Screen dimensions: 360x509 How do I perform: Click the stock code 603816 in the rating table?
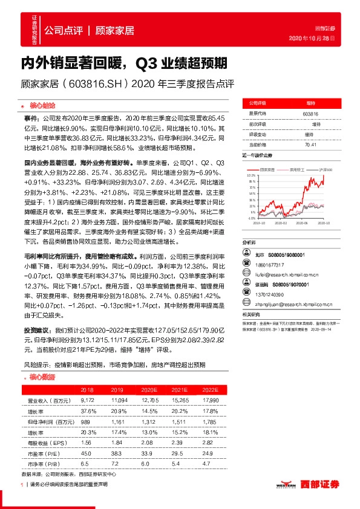click(310, 114)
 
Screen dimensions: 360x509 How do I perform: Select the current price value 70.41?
click(310, 144)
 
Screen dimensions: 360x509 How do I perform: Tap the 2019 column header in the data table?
click(117, 390)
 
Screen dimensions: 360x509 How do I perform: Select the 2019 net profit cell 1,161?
click(117, 421)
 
